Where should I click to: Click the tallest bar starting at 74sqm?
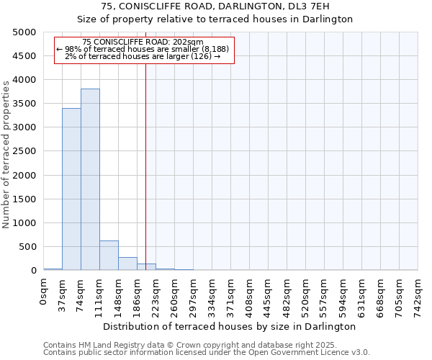[x=90, y=179]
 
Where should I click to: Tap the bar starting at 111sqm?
[x=109, y=255]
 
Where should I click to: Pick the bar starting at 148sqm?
[x=127, y=264]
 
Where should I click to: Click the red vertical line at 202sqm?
[x=145, y=180]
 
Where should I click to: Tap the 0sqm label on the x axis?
[x=44, y=293]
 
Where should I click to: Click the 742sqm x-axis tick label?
[x=418, y=296]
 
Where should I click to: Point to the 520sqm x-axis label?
[x=306, y=296]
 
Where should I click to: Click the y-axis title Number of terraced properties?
[x=6, y=155]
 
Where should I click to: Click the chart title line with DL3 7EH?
[x=215, y=6]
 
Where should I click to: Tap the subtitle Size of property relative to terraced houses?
[x=215, y=19]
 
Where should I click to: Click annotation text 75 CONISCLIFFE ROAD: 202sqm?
[x=143, y=42]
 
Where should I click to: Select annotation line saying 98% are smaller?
[x=143, y=49]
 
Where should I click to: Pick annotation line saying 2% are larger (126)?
[x=143, y=56]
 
